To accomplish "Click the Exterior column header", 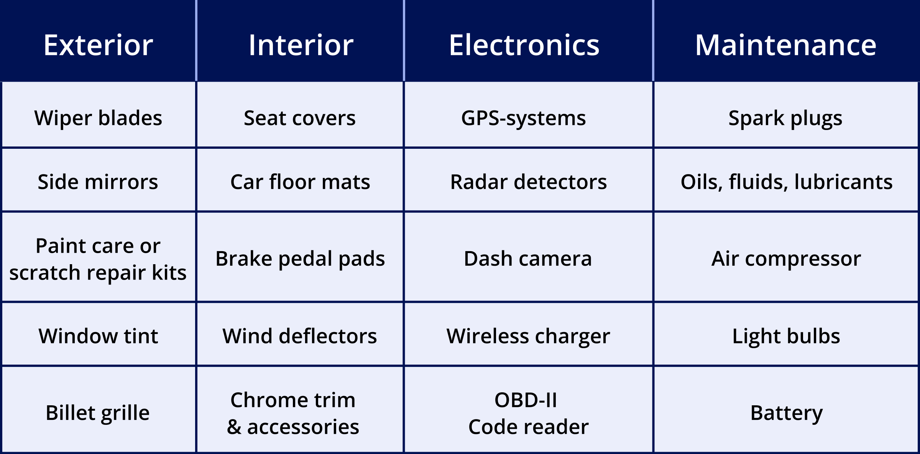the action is (x=98, y=41).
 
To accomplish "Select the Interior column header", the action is (x=300, y=41).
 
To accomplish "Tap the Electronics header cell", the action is (x=528, y=41).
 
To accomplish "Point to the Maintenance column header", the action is (x=787, y=41).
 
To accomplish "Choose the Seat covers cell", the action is (x=300, y=115).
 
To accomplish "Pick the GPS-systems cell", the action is (x=528, y=115).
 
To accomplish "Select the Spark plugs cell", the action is (x=786, y=115).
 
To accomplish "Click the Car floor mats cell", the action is (x=300, y=180).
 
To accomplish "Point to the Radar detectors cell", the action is (x=528, y=180).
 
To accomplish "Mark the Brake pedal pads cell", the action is (x=300, y=257).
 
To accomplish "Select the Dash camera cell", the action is (x=528, y=257).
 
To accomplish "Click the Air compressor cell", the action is (x=786, y=257).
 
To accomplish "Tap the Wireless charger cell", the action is (x=528, y=334).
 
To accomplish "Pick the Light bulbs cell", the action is (x=786, y=334).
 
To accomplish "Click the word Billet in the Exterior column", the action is (x=71, y=413).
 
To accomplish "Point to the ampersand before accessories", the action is (x=234, y=427).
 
